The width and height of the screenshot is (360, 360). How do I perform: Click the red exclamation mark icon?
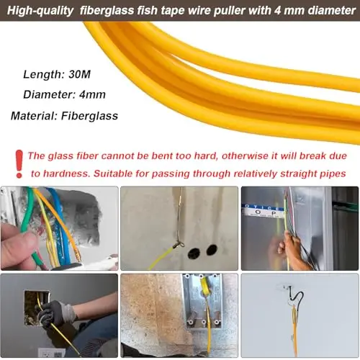coord(19,164)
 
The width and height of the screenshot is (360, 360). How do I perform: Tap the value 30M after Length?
coord(80,74)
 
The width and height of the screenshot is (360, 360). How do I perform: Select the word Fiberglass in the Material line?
coord(89,116)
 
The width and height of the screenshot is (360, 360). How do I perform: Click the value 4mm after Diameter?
coord(92,94)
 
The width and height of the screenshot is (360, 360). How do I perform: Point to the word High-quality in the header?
coord(40,11)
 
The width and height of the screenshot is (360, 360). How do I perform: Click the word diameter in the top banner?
coord(332,11)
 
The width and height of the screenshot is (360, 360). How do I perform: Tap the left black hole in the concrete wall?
coord(194,253)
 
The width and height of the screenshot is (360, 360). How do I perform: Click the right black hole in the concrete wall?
coord(212,250)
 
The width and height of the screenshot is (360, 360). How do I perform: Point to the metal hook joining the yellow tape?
coord(179,245)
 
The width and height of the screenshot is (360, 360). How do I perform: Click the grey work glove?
coord(55,312)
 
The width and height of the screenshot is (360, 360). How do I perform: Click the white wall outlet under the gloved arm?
coord(52,352)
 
